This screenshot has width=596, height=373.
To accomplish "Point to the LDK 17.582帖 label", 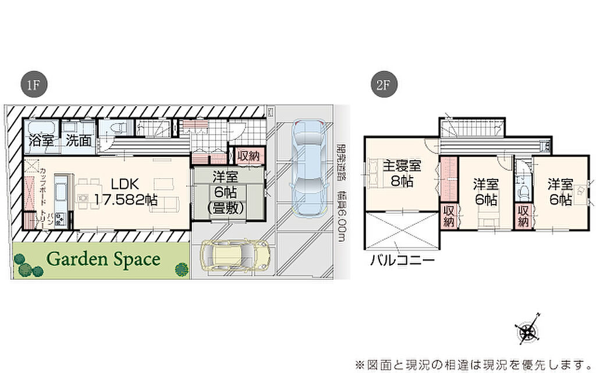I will pyautogui.click(x=125, y=191).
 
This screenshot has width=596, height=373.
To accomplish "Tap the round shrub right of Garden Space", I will pyautogui.click(x=182, y=268).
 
